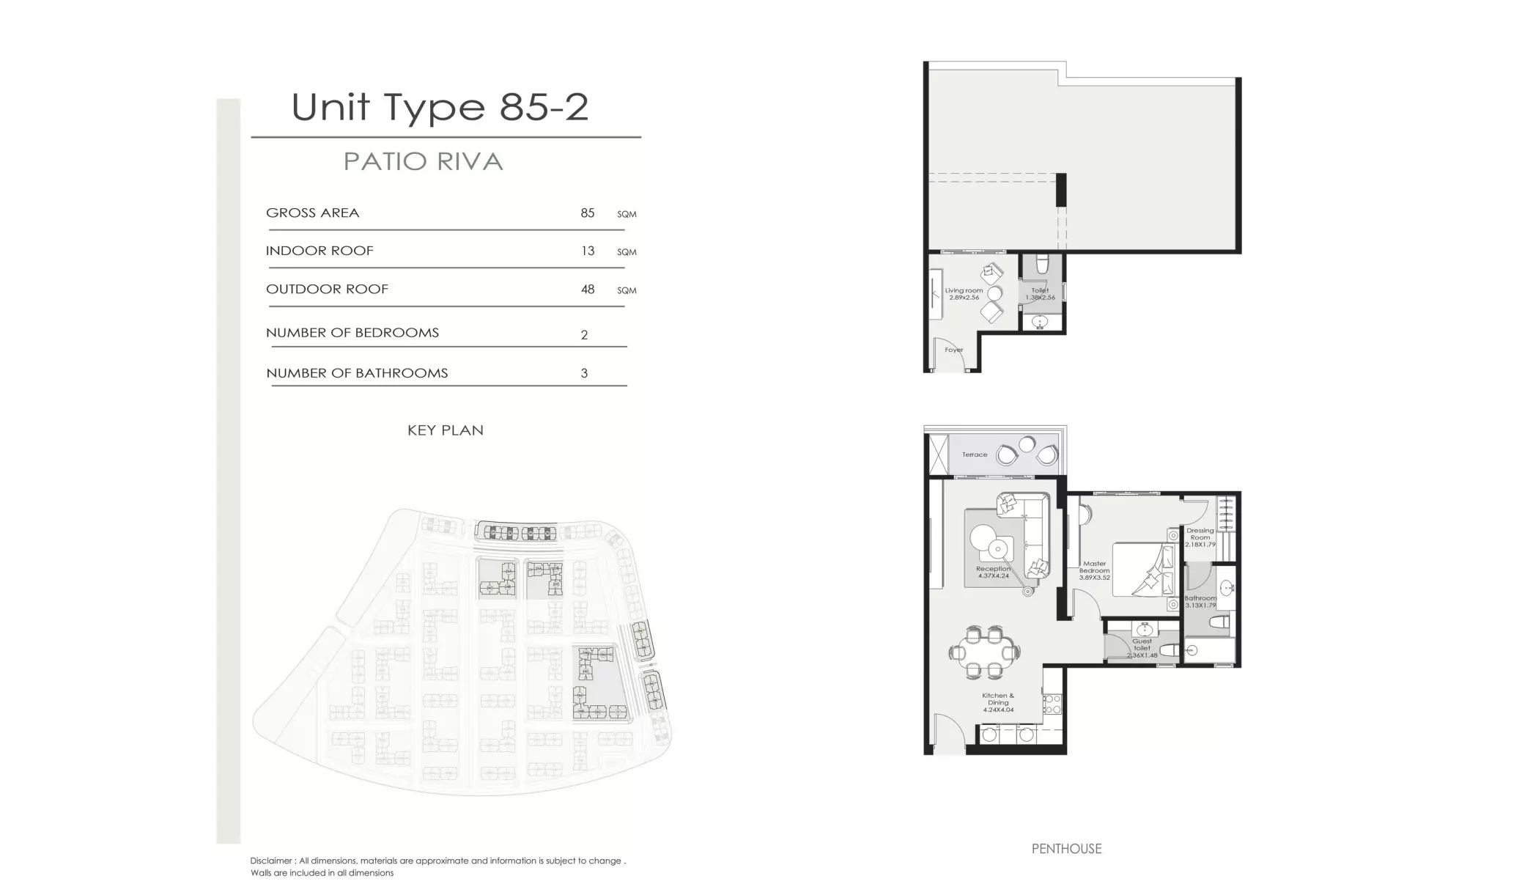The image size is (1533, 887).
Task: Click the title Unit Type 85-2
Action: coord(440,107)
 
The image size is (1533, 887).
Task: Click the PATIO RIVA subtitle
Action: coord(424,162)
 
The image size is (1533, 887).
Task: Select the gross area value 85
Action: coord(587,213)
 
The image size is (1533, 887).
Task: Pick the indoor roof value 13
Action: coord(587,251)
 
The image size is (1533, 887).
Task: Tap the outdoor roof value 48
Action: coord(587,290)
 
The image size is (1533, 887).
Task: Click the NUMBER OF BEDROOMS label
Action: coord(352,333)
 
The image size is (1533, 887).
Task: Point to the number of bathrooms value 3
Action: coord(584,373)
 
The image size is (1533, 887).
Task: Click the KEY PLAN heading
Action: coord(445,430)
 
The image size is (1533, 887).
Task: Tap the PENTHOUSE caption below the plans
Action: coord(1066,849)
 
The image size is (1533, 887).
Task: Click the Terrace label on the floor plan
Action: coord(974,454)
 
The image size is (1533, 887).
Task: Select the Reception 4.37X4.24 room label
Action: coord(993,572)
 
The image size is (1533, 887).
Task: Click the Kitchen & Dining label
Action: coord(998,702)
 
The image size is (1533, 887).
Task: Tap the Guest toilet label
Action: coord(1142,647)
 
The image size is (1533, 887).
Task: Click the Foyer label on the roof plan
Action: coord(953,350)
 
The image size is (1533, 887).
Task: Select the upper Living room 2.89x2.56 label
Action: coord(964,294)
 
